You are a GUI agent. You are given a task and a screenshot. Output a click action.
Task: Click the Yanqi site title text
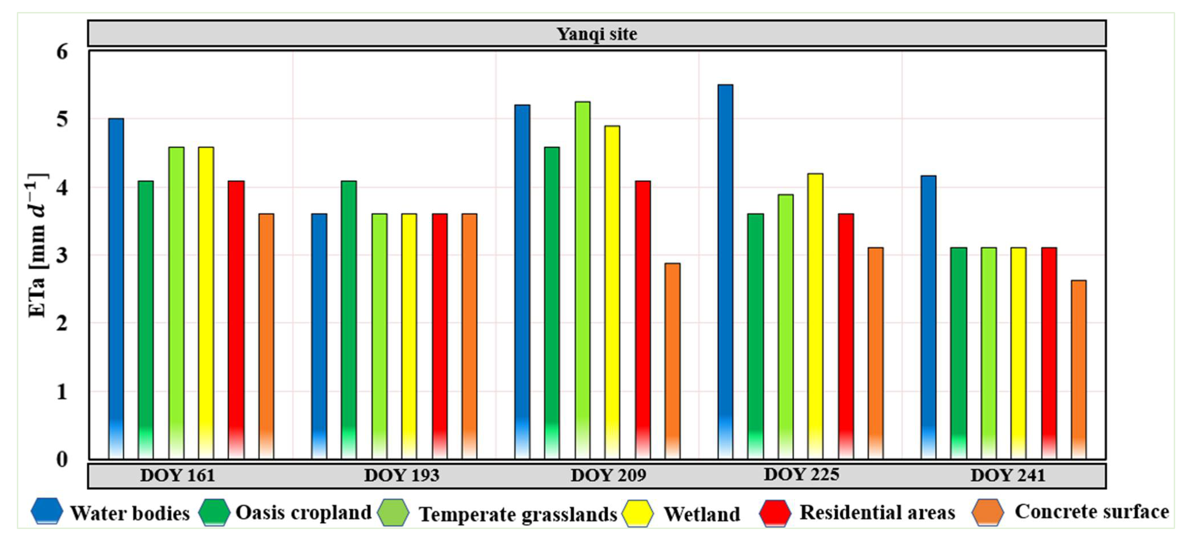tap(597, 34)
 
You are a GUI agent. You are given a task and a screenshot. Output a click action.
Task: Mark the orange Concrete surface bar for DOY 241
tap(1078, 369)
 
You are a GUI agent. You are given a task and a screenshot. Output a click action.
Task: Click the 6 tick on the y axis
tap(62, 52)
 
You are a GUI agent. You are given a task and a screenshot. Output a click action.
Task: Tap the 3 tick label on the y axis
tap(62, 255)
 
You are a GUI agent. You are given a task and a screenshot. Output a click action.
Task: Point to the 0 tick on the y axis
tap(62, 459)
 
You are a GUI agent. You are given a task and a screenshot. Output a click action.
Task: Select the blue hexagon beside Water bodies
tap(47, 511)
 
